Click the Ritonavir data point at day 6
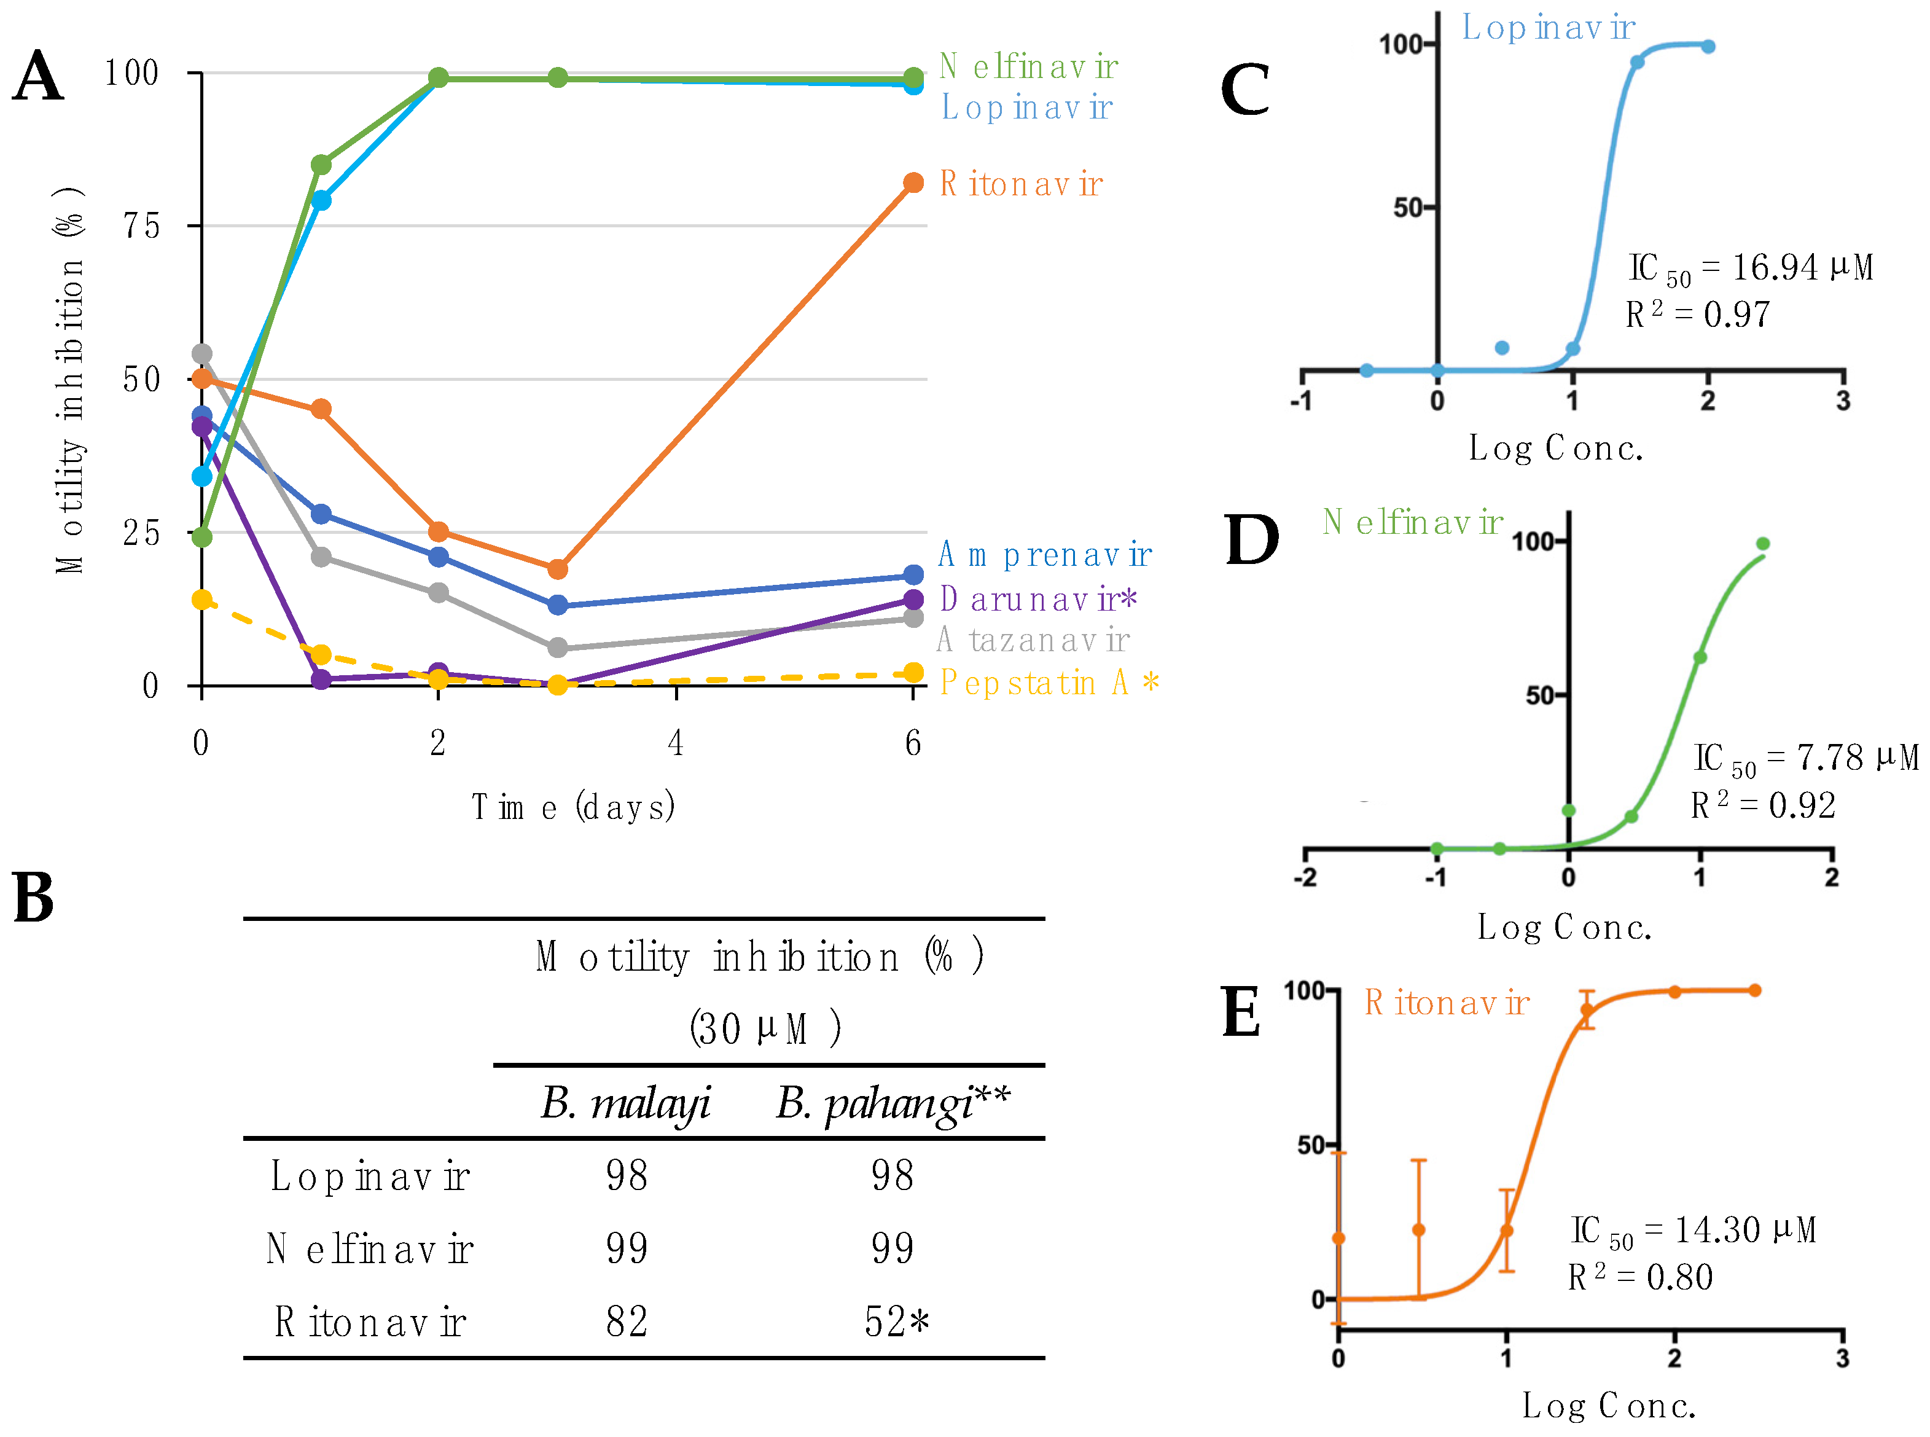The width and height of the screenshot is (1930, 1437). point(912,182)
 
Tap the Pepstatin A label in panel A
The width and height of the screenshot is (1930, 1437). point(1048,683)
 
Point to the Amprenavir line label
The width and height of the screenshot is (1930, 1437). point(1044,554)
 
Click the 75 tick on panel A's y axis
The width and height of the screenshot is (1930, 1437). point(141,226)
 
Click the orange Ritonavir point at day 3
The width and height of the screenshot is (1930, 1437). point(558,569)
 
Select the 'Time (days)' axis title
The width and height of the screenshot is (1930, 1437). point(573,807)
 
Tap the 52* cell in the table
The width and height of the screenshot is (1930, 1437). point(896,1322)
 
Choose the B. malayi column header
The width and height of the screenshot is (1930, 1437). point(625,1103)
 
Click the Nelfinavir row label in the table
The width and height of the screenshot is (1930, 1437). point(370,1249)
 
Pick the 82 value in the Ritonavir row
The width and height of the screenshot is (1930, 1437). point(626,1322)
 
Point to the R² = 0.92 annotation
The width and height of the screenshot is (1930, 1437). point(1762,805)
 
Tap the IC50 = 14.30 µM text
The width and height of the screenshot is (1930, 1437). point(1692,1230)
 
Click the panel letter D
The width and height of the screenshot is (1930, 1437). point(1251,540)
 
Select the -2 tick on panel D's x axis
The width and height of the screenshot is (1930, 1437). point(1305,877)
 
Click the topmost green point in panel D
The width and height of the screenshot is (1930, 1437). point(1762,544)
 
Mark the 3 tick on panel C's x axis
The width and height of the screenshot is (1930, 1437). point(1842,401)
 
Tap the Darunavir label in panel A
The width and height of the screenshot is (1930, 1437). point(1037,598)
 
